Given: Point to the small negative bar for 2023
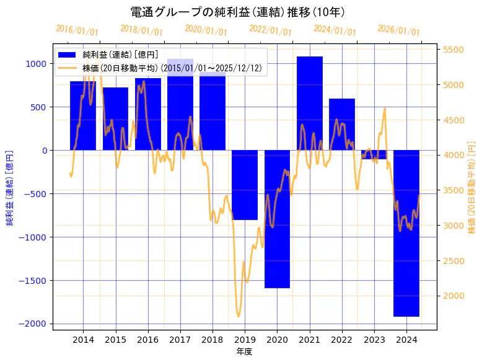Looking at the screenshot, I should pyautogui.click(x=374, y=154).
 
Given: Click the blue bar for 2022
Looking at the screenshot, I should pyautogui.click(x=342, y=124).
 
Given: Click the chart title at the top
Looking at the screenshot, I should pyautogui.click(x=238, y=12).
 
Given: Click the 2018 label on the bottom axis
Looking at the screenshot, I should pyautogui.click(x=213, y=339).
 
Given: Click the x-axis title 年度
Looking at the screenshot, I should pyautogui.click(x=245, y=351).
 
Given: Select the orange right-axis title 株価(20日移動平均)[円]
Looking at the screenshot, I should pyautogui.click(x=472, y=195).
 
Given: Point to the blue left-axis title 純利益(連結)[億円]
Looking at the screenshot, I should pyautogui.click(x=9, y=187).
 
